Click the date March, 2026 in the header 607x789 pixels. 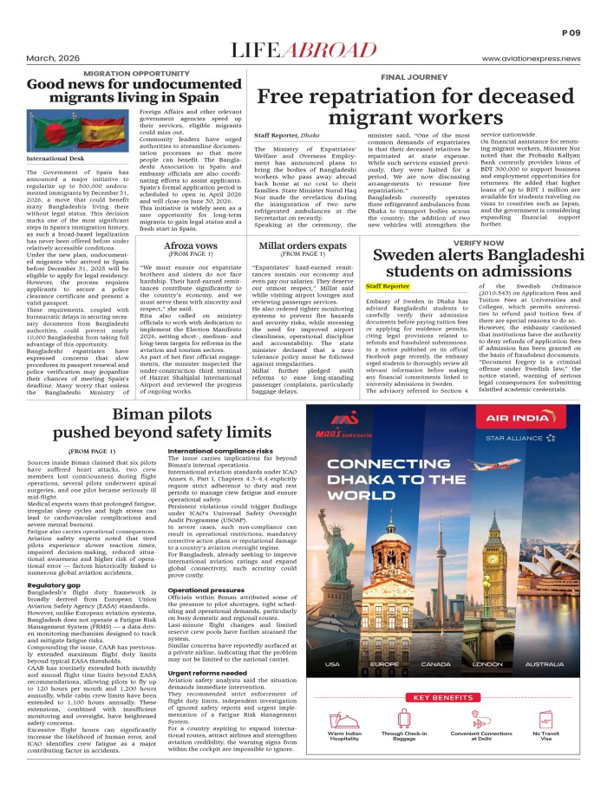46,58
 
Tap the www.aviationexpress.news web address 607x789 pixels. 531,58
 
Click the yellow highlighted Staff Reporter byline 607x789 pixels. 388,286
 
